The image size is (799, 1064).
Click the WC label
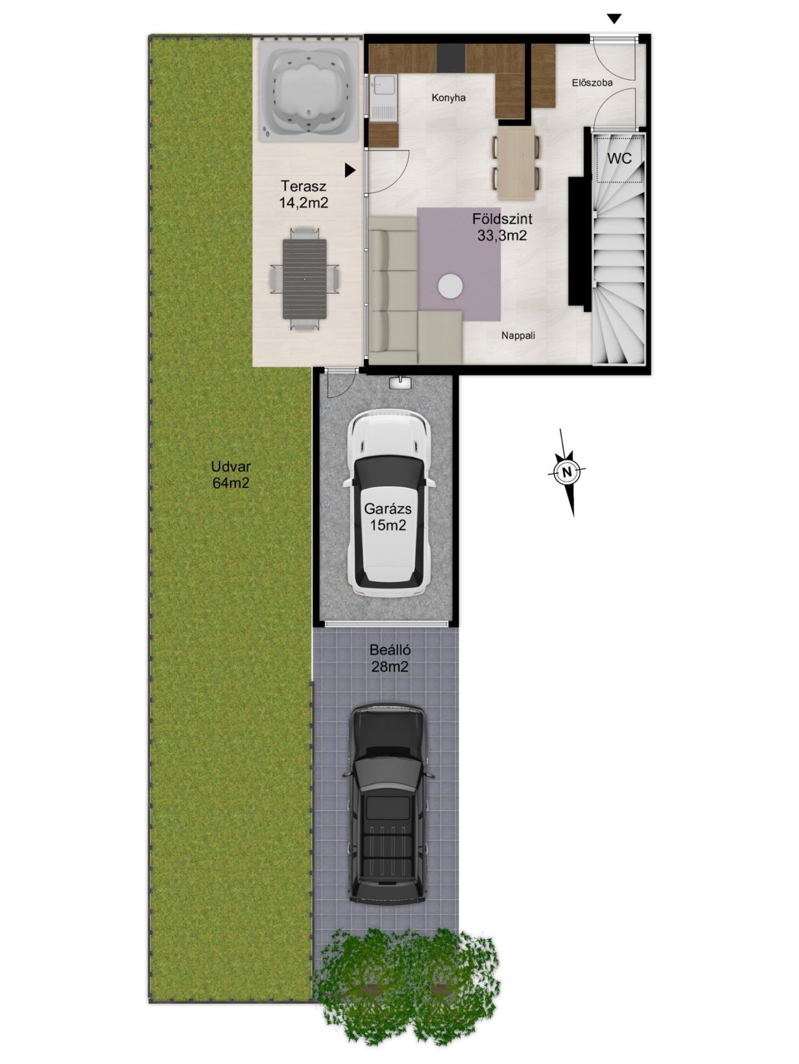click(619, 158)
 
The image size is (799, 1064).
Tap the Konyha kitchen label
click(449, 98)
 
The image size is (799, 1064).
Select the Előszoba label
click(592, 82)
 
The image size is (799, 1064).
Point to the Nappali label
click(518, 336)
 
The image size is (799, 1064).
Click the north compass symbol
click(567, 472)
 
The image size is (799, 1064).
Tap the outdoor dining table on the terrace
click(305, 279)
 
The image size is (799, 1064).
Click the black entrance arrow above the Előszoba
click(615, 19)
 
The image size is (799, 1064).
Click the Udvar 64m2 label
click(231, 474)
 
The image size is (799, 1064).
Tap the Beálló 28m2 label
click(390, 659)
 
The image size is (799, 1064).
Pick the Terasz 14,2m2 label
click(303, 194)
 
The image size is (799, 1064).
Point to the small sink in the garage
click(399, 382)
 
